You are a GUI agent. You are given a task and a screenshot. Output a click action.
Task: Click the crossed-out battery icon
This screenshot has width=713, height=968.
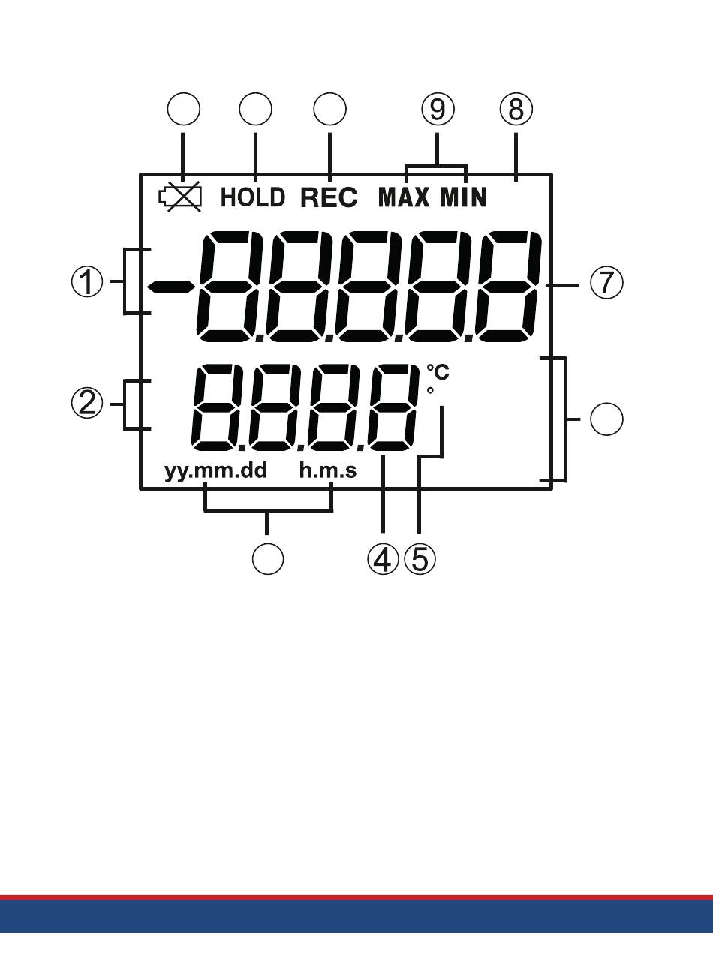pos(181,197)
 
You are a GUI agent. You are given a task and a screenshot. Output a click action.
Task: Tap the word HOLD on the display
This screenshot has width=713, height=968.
pos(253,197)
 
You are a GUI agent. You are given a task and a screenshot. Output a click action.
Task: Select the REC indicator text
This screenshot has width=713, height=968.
pos(329,197)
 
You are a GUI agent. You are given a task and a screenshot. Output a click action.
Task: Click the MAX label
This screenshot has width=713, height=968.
pos(404,197)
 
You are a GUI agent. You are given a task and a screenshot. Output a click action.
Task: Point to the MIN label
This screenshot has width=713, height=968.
pos(464,197)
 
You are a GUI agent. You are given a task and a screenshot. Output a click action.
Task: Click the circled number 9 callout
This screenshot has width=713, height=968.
pos(438,109)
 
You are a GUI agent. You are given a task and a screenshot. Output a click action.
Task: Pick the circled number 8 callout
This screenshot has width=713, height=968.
pos(516,109)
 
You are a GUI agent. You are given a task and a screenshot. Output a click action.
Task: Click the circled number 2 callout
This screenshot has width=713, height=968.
pos(87,404)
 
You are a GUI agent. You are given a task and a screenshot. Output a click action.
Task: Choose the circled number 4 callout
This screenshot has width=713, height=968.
pos(384,558)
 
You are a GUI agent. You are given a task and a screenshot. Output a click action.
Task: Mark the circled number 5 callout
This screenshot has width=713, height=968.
pos(420,558)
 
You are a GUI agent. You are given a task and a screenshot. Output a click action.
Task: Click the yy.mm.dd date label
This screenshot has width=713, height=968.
pos(216,471)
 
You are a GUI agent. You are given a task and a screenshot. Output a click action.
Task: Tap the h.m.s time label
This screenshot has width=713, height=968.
pos(328,470)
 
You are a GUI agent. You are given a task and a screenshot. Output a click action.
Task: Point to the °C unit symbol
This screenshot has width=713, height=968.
pos(438,372)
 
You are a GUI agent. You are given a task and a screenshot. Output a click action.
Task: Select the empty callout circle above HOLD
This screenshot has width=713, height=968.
pos(256,109)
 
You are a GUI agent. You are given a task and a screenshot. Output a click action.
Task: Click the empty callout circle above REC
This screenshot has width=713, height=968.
pos(329,109)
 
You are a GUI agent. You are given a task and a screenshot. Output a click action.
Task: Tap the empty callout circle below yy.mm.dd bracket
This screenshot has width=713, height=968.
pos(268,558)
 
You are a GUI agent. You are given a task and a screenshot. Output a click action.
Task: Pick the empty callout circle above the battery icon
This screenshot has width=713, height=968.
pos(184,109)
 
